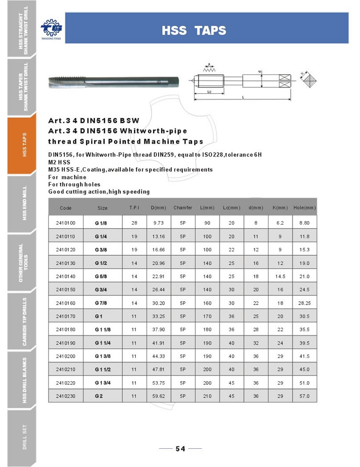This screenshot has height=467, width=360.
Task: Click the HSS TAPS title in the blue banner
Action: (194, 31)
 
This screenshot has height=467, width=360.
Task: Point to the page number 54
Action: (180, 449)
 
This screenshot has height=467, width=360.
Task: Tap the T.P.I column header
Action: (134, 208)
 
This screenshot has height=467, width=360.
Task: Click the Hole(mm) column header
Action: (304, 208)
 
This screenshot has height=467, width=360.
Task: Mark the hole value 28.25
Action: (304, 305)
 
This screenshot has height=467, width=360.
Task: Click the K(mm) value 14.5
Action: (280, 277)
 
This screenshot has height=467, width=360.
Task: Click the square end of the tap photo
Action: (174, 82)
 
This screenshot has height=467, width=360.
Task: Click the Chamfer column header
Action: (183, 208)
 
